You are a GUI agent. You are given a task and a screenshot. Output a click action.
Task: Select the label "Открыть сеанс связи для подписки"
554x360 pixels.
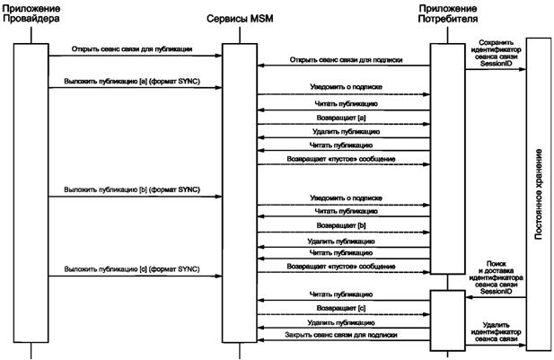344,60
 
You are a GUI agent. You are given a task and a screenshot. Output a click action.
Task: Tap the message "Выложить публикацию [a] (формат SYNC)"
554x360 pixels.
131,80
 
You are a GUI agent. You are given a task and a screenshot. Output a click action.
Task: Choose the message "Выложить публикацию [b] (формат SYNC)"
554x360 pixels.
131,189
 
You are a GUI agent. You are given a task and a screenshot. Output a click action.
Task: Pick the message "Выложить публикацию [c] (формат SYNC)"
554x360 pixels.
131,268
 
